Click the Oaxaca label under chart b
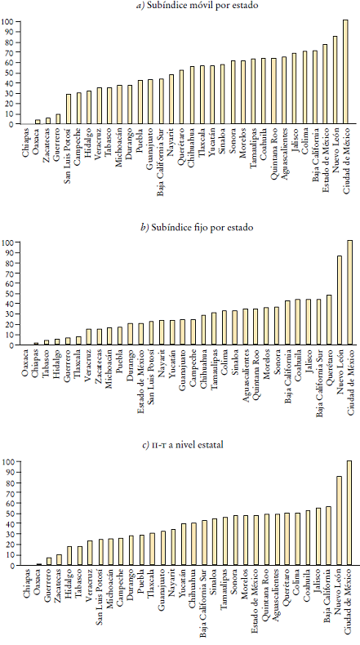(x=27, y=360)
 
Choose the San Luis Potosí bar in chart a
(x=69, y=109)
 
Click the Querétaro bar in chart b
(x=329, y=320)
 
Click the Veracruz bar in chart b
(x=89, y=337)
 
